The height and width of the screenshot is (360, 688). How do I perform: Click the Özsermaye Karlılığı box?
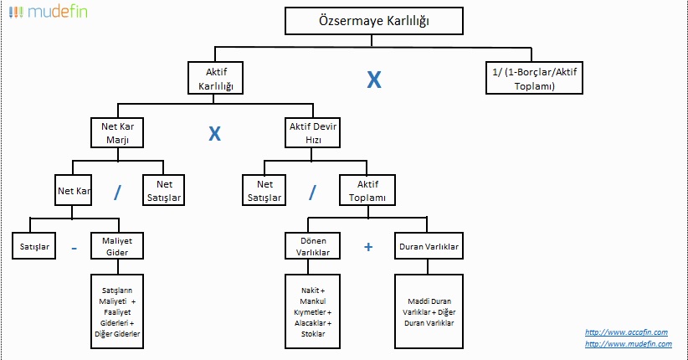374,21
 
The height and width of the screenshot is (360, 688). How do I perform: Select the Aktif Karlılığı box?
215,78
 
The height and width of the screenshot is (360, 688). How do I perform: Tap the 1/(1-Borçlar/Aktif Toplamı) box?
534,78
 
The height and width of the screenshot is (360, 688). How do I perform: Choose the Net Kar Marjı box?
117,132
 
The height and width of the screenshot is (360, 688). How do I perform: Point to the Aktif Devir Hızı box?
312,132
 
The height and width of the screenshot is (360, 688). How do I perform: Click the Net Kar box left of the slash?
74,190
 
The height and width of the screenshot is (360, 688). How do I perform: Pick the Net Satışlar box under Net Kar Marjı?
164,190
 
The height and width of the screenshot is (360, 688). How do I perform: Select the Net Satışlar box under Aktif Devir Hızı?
264,190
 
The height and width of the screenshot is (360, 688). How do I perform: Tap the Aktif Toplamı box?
367,190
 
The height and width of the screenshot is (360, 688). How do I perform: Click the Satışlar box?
33,246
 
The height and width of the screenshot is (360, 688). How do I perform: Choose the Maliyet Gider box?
117,246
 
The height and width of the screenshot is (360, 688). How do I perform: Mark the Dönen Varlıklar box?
312,246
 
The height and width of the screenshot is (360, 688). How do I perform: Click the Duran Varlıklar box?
429,246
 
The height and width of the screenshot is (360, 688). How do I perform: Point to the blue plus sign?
368,247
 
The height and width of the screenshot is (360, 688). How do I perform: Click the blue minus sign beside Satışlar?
74,249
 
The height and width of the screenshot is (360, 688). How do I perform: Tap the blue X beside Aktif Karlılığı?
374,80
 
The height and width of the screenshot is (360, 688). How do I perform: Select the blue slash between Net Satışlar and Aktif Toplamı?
312,192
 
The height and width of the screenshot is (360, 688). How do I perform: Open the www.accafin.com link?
626,332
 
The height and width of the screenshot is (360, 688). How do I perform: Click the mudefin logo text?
58,12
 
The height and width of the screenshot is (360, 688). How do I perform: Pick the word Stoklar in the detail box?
313,334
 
